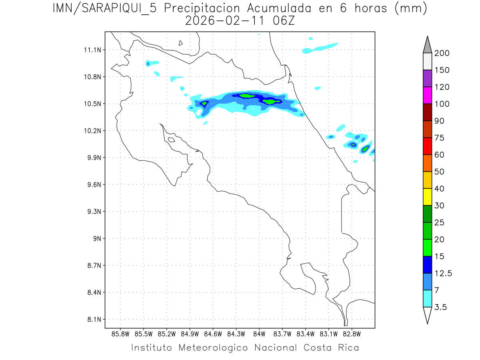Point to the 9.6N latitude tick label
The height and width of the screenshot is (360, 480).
coord(90,185)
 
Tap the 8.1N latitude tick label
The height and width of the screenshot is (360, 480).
coord(90,320)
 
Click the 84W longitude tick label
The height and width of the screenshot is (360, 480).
coord(259,334)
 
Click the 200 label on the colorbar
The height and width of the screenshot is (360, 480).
coord(442,53)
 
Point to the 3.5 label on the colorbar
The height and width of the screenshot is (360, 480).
coord(441,307)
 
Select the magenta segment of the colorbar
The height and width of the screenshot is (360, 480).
coord(427,95)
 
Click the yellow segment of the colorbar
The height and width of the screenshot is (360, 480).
coord(427,196)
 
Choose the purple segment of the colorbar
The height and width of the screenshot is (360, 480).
coord(427,78)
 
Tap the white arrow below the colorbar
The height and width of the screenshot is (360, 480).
coord(427,315)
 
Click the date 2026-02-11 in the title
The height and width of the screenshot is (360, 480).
coord(218,21)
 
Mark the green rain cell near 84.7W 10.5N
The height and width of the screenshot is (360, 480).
coord(204,104)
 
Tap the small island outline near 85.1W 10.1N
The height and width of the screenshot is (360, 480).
coord(171,140)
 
